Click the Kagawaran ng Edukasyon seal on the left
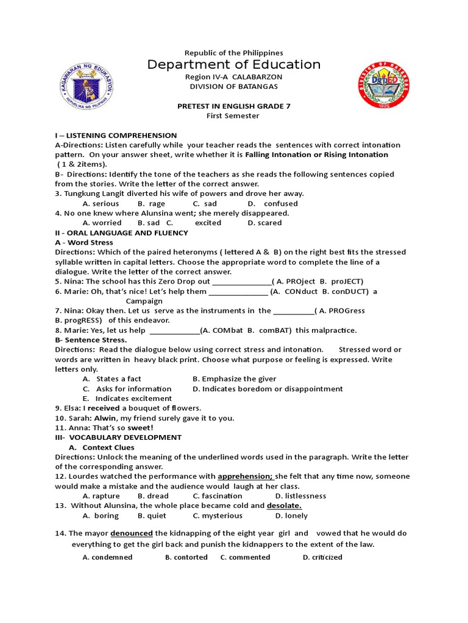87,85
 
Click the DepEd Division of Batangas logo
382,85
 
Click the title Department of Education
234,64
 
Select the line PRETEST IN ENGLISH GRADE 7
234,106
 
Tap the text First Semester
234,116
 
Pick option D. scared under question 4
264,223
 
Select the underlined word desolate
284,506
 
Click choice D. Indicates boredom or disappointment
268,389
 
